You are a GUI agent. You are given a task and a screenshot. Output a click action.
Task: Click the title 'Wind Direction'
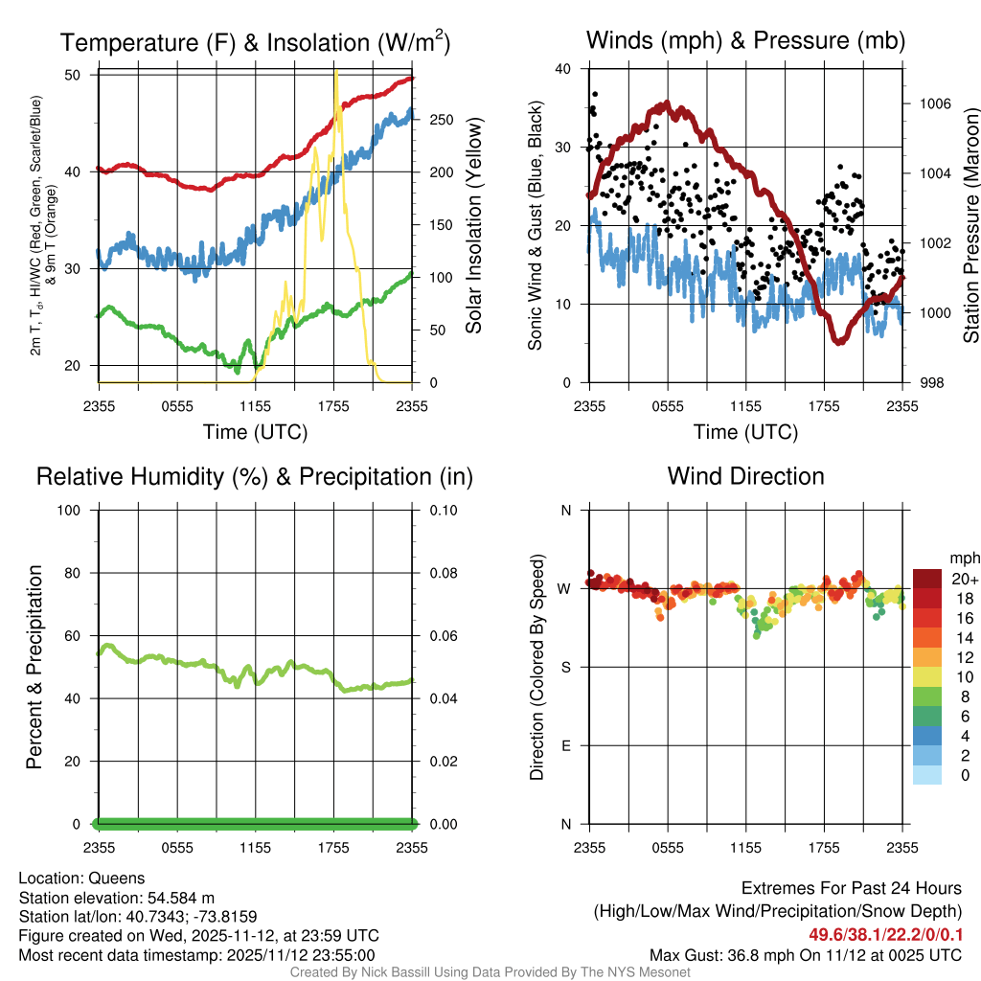[745, 476]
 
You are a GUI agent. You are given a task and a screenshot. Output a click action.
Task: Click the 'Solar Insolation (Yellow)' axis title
[473, 226]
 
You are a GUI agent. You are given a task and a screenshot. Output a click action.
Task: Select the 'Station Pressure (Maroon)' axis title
[970, 226]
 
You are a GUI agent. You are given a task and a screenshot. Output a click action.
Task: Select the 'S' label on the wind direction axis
[565, 667]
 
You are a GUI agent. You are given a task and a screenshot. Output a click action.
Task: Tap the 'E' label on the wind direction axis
[565, 745]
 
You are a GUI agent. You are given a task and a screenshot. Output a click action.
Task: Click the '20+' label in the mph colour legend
[965, 579]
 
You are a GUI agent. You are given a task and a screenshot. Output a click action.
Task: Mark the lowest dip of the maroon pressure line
[839, 341]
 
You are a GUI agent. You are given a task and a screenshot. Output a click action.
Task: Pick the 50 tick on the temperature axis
[80, 75]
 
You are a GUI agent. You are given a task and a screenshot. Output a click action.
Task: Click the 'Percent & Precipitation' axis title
[34, 667]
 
